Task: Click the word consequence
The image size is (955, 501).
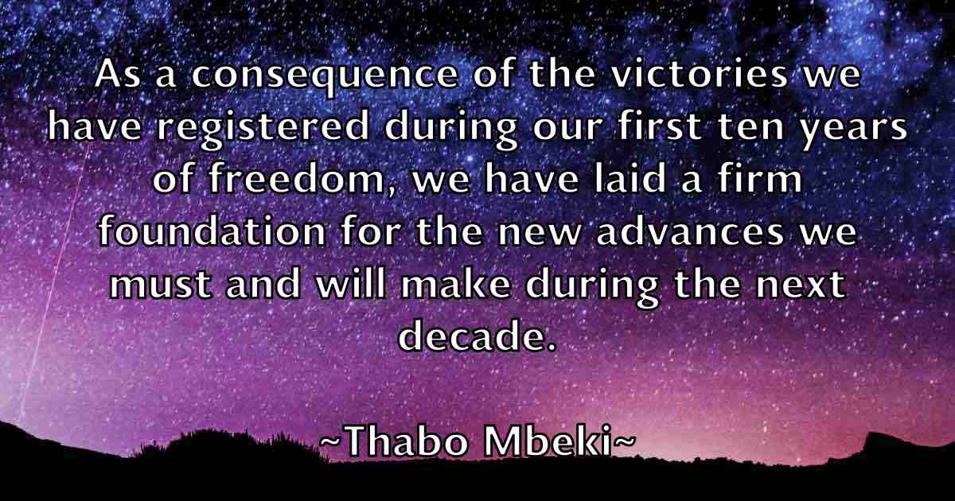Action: pyautogui.click(x=325, y=76)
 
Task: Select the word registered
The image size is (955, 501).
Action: pyautogui.click(x=263, y=128)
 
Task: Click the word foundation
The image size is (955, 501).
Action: pyautogui.click(x=212, y=231)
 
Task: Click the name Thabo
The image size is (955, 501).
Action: pyautogui.click(x=406, y=441)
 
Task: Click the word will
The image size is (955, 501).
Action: pyautogui.click(x=351, y=283)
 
